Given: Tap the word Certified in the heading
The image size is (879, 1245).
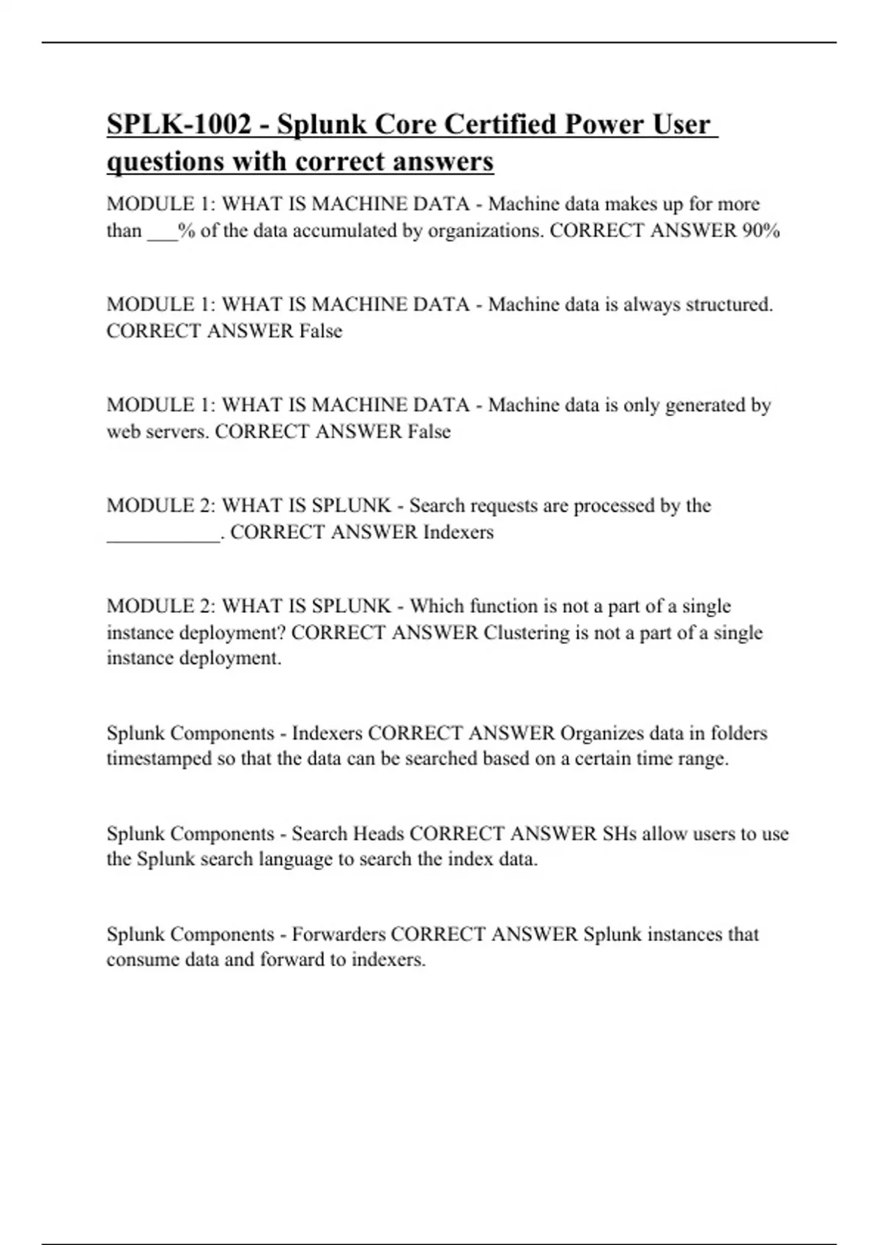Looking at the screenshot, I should click(501, 124).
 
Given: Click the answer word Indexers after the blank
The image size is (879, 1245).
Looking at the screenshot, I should click(459, 532).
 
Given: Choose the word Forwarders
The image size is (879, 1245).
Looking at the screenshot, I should click(338, 934).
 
